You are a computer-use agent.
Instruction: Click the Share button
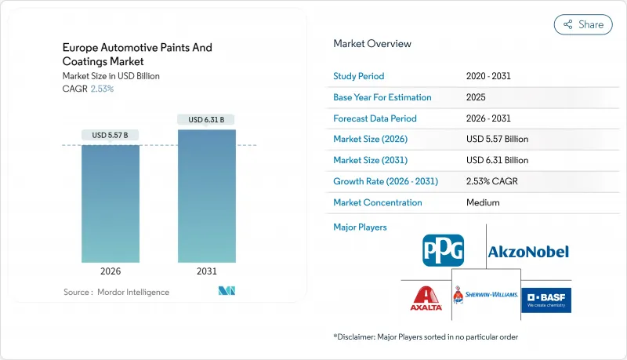pyautogui.click(x=583, y=24)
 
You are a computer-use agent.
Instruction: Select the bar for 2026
pyautogui.click(x=111, y=204)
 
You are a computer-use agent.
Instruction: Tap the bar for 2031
pyautogui.click(x=207, y=196)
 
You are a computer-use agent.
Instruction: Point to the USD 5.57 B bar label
pyautogui.click(x=111, y=136)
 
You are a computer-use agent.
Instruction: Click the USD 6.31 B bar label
pyautogui.click(x=207, y=120)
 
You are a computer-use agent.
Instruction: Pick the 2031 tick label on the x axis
pyautogui.click(x=207, y=271)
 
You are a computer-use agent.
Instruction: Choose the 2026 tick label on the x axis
pyautogui.click(x=111, y=271)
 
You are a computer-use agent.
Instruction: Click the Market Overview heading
pyautogui.click(x=372, y=44)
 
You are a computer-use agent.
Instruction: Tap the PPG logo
pyautogui.click(x=443, y=250)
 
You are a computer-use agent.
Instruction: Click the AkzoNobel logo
pyautogui.click(x=528, y=252)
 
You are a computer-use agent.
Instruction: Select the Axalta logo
pyautogui.click(x=426, y=297)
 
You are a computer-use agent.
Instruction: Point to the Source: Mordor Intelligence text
pyautogui.click(x=116, y=292)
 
